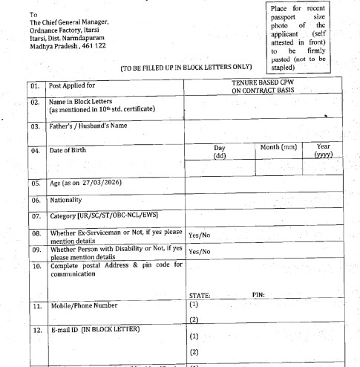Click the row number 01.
(x=34, y=86)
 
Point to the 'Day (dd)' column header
(x=220, y=152)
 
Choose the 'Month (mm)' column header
(x=278, y=148)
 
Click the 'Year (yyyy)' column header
(x=323, y=151)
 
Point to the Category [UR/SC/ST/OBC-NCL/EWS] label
(x=105, y=217)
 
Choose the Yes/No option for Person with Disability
(x=200, y=252)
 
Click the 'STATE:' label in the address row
(x=200, y=294)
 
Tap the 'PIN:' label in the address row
(x=259, y=294)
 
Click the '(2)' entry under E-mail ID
(x=194, y=351)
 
